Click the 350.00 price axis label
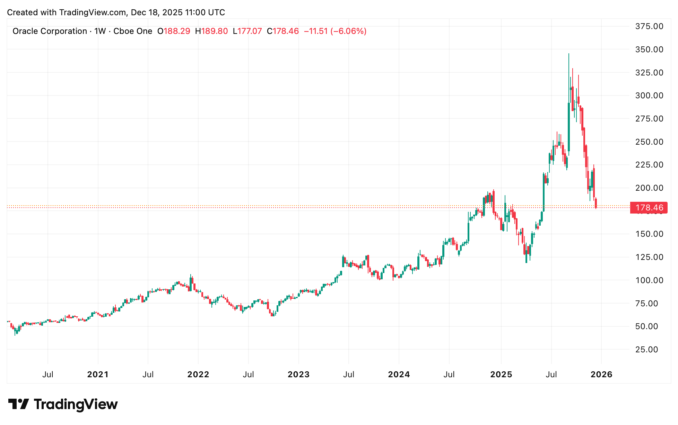click(649, 49)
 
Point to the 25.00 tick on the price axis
click(646, 350)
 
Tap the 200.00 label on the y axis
click(649, 188)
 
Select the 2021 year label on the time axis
click(98, 374)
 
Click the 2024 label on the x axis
click(399, 374)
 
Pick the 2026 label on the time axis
click(601, 374)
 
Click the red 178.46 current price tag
click(649, 208)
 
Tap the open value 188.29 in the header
click(177, 31)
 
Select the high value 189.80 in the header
click(215, 31)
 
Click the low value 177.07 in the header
click(249, 31)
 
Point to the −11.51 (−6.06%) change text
click(335, 31)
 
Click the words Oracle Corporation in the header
click(50, 31)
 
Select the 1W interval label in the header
click(100, 31)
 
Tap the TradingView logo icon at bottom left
click(18, 404)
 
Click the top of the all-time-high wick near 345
click(568, 54)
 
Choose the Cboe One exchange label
click(133, 31)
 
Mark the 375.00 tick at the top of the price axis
click(649, 26)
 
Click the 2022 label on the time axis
click(198, 374)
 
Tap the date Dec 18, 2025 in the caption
click(157, 12)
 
